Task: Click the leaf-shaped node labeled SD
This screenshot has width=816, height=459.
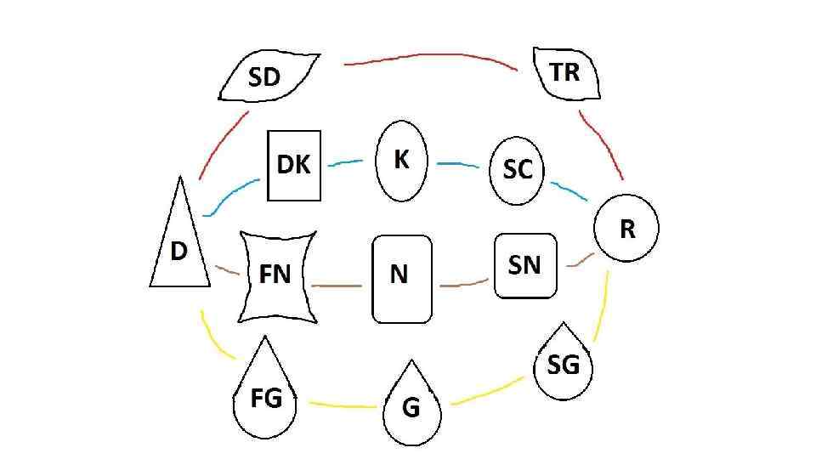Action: point(268,76)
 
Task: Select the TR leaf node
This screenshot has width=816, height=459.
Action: point(566,73)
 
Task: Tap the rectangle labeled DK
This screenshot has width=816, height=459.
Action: point(294,166)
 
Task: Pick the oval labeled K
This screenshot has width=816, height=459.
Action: point(402,160)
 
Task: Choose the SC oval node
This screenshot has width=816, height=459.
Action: point(518,170)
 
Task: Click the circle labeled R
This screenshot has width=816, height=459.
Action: point(626,228)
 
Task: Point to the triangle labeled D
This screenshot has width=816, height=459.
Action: point(180,246)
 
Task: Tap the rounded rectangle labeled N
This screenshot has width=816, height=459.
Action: point(401,278)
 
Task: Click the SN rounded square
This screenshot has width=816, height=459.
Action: point(525,266)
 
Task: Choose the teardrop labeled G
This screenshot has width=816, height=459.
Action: point(412,406)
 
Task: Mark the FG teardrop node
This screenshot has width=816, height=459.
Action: point(266,396)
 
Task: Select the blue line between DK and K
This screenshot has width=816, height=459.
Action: point(346,163)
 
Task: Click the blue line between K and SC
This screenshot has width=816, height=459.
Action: point(459,162)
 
